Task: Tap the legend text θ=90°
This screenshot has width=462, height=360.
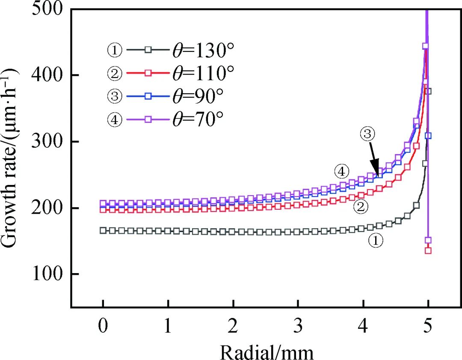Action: pos(195,97)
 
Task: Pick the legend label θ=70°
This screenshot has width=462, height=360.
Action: pos(195,120)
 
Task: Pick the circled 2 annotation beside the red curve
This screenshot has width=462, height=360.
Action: pos(361,208)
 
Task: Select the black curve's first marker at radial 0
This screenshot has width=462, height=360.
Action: pos(103,231)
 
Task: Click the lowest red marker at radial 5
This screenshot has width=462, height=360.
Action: pos(428,250)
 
